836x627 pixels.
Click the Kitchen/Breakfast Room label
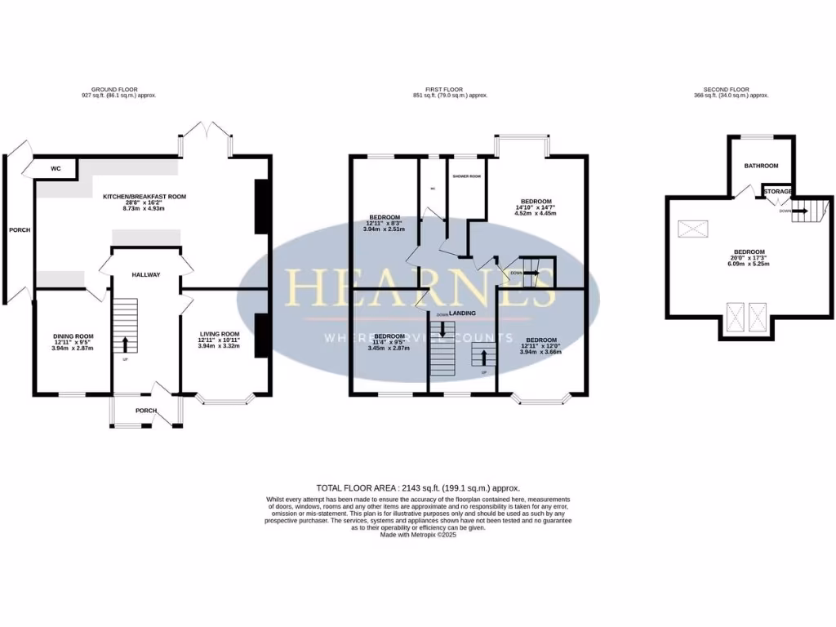pos(145,197)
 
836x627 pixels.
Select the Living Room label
pos(219,334)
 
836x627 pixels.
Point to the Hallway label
pos(145,275)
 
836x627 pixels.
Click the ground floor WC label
pos(56,169)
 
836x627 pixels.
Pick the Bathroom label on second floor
pos(761,166)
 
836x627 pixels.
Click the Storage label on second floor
pos(778,192)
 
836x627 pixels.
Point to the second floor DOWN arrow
pos(803,211)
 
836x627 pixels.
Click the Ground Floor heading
pos(120,89)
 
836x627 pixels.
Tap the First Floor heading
pos(450,89)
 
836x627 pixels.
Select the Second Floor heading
pos(726,89)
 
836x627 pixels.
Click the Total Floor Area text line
pos(418,487)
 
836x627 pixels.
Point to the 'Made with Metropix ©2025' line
pos(418,535)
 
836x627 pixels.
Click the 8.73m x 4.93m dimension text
pos(145,209)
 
